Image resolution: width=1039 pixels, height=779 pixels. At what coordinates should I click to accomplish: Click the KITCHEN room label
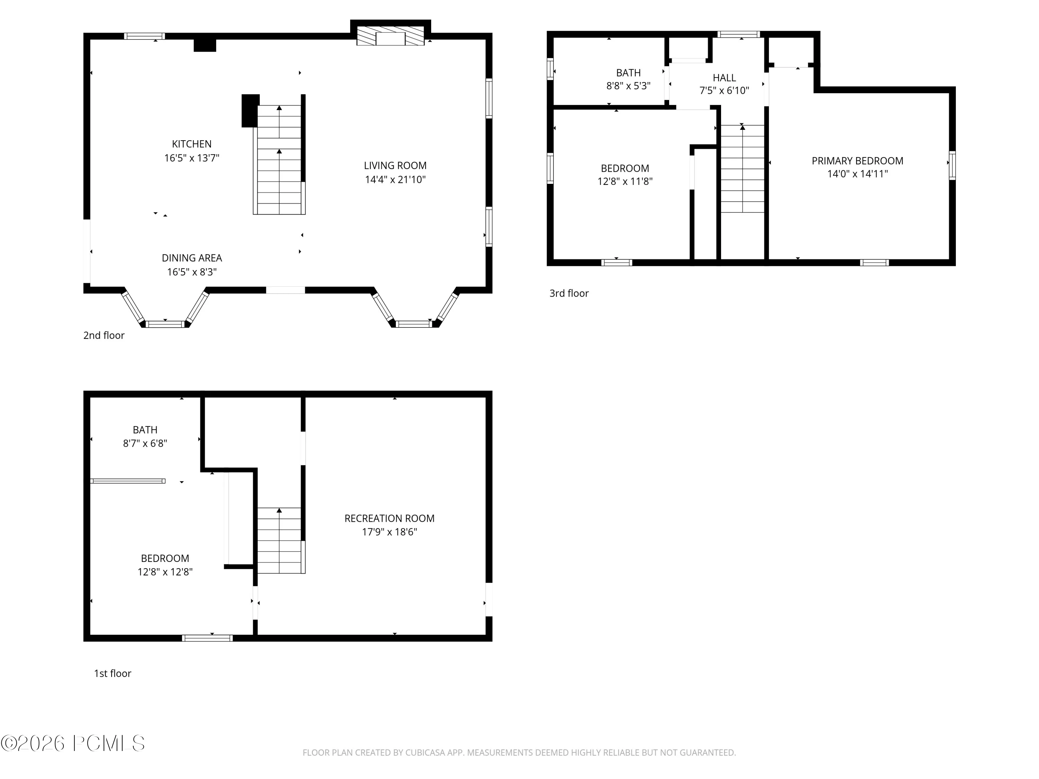[192, 144]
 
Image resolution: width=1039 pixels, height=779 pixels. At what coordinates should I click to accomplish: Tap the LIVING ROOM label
[395, 166]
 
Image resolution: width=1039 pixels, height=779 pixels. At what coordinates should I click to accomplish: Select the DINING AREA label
[192, 258]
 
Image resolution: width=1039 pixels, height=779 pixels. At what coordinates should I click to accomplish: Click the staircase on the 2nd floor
[279, 160]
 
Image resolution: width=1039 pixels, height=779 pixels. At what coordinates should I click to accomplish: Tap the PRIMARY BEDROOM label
[857, 161]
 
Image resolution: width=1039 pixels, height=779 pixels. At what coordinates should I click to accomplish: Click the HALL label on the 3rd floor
[724, 78]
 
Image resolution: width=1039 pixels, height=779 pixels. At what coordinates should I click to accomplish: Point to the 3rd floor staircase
[742, 169]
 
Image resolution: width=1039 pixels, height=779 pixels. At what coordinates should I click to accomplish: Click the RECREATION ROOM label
[389, 518]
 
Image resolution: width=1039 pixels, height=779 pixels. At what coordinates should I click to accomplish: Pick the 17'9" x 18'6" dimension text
[389, 532]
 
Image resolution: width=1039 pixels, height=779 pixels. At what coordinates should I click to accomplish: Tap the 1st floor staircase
[279, 540]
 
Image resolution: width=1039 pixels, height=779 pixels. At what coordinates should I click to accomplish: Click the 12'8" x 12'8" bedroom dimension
[165, 572]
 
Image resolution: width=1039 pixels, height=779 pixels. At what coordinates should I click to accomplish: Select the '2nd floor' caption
[104, 335]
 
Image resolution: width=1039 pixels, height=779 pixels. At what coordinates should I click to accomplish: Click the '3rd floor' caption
[569, 294]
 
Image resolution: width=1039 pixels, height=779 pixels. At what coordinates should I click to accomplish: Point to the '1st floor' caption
[112, 673]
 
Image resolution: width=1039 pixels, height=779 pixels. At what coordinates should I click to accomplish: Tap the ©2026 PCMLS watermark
[73, 743]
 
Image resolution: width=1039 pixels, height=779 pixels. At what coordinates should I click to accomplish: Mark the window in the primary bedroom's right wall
[952, 165]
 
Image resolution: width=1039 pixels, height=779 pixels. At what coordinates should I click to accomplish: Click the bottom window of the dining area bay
[165, 324]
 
